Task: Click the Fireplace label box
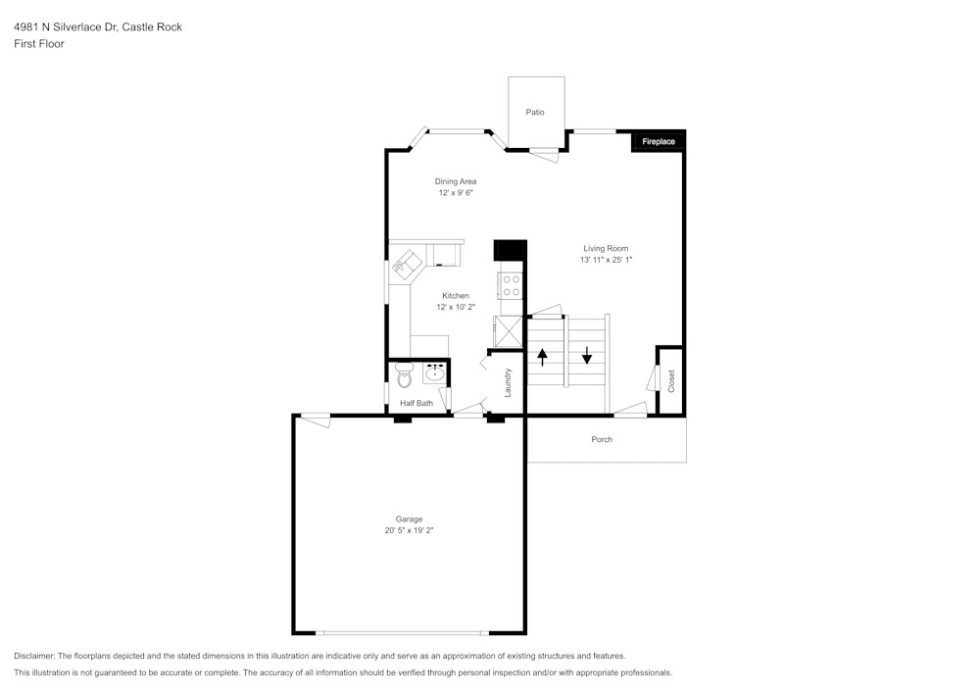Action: (659, 142)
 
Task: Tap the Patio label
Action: (534, 113)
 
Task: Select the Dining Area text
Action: (456, 181)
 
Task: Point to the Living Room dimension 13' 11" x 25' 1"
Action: (606, 261)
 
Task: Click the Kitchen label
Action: (456, 296)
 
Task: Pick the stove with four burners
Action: (512, 285)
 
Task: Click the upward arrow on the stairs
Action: (542, 355)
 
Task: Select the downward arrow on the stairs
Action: (587, 355)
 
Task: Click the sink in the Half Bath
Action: (434, 373)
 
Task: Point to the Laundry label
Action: (509, 381)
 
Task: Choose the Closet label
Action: (671, 381)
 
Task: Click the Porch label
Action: (602, 439)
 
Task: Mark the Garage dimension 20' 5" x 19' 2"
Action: (409, 530)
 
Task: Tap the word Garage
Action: (409, 520)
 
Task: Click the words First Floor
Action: (39, 44)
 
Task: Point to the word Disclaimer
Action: (33, 656)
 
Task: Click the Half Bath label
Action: (416, 403)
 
